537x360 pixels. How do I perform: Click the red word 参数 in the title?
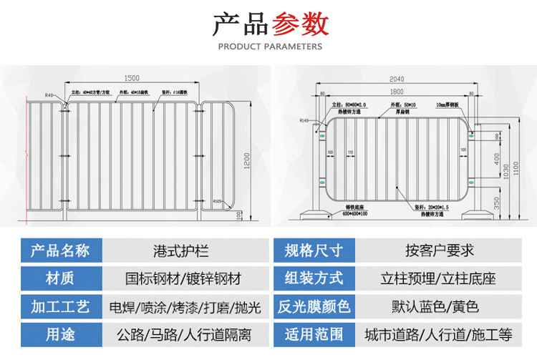point(300,24)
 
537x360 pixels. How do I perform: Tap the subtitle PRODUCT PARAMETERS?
point(269,47)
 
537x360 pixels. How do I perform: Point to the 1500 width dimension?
point(132,77)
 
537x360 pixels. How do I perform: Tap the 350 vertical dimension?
point(497,203)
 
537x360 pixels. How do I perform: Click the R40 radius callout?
point(49,94)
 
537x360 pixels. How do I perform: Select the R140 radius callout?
point(306,121)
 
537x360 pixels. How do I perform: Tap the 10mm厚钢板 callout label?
point(451,104)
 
